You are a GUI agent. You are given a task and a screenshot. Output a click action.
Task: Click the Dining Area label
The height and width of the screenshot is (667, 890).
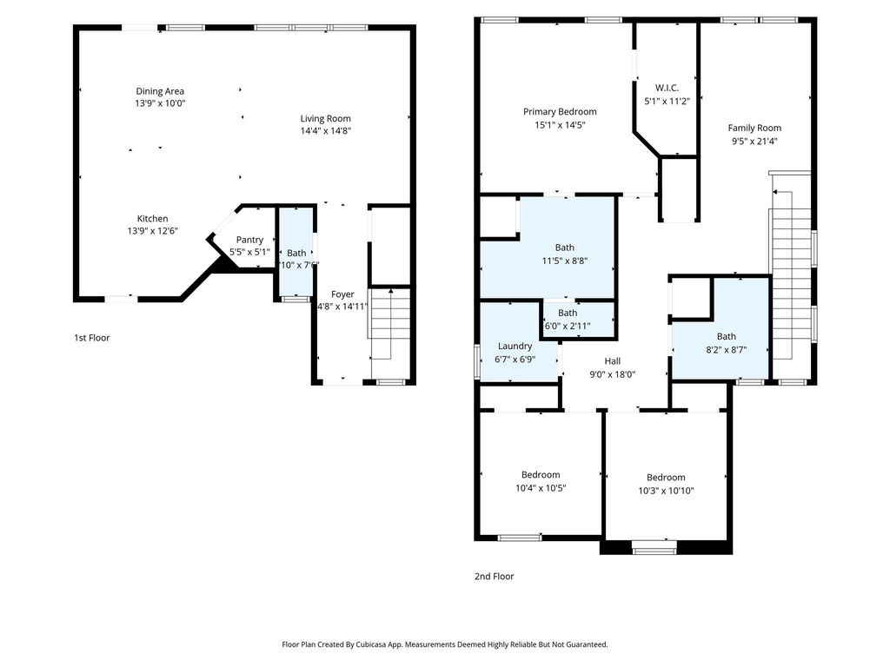(160, 90)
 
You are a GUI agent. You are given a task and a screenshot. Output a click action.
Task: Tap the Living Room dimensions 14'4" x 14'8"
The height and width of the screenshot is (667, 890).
(326, 131)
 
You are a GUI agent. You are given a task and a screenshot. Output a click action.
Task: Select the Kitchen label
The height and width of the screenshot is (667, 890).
(153, 218)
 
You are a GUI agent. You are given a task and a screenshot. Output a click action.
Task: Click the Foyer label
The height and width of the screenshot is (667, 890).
(342, 294)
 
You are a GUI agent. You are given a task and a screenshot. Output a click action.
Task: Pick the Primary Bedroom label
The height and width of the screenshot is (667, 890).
(560, 112)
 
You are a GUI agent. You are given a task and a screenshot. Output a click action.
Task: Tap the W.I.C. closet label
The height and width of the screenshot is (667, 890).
(667, 88)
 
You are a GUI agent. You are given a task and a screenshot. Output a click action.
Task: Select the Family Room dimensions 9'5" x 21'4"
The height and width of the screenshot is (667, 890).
(754, 142)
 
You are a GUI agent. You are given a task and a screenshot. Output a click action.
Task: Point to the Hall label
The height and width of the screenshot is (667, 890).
(613, 360)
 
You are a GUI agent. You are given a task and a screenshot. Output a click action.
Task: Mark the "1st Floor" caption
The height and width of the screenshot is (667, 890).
(92, 338)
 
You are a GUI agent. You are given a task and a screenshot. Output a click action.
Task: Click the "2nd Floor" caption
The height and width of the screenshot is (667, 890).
(495, 577)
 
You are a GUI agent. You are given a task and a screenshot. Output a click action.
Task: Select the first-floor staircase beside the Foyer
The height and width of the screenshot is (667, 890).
(390, 323)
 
